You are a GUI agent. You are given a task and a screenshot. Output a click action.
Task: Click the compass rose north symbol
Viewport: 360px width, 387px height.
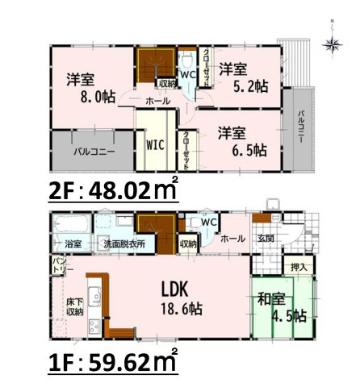pyautogui.click(x=330, y=44)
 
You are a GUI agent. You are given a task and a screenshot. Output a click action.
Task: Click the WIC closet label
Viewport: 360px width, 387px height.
pyautogui.click(x=157, y=147)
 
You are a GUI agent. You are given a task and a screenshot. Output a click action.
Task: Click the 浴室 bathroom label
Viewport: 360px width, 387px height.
pyautogui.click(x=73, y=243)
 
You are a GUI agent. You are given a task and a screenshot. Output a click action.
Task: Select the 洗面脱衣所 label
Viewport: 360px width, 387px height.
pyautogui.click(x=123, y=243)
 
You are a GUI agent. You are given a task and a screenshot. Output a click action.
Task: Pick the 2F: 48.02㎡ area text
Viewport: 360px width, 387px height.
pyautogui.click(x=113, y=193)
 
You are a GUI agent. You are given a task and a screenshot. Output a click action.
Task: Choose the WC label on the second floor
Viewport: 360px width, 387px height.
pyautogui.click(x=186, y=75)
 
